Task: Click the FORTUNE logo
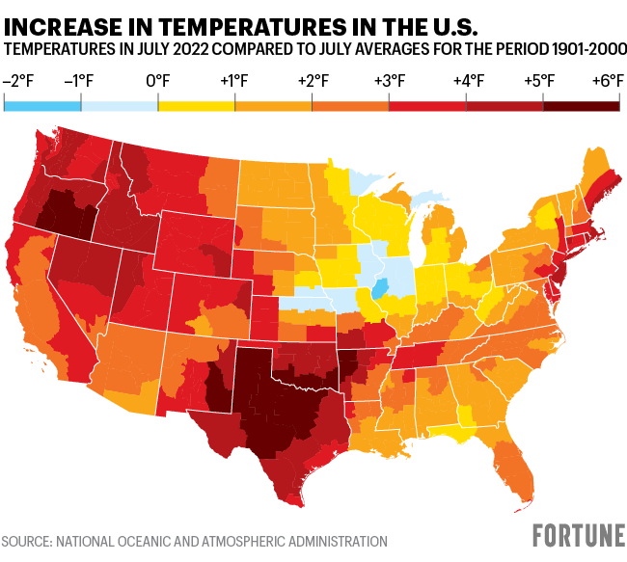click(579, 536)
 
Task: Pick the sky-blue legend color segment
click(42, 104)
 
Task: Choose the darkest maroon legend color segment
click(581, 104)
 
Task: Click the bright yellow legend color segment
click(197, 104)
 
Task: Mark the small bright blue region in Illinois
click(380, 288)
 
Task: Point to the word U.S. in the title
click(448, 23)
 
